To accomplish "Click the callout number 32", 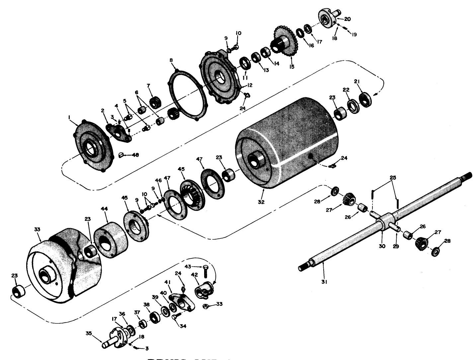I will click(x=261, y=202).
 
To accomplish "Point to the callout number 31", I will click(x=324, y=282).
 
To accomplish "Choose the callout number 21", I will click(x=356, y=81).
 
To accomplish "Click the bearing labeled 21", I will click(x=365, y=98).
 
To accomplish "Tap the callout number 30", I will click(x=382, y=246).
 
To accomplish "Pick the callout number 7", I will click(x=149, y=86).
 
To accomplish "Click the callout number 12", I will click(x=249, y=85).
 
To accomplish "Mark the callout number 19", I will click(x=354, y=34).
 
